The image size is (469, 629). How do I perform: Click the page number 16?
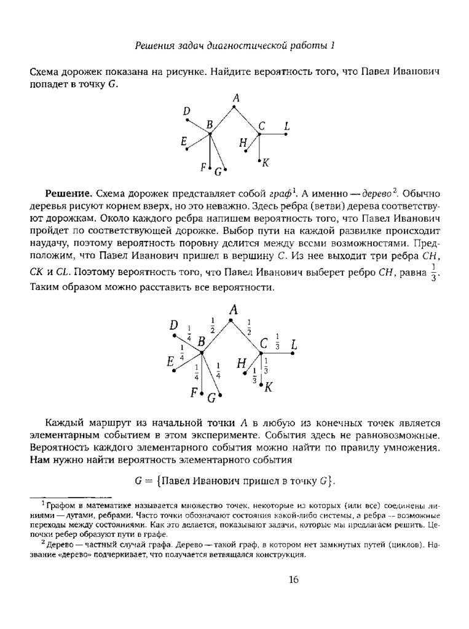coord(293,579)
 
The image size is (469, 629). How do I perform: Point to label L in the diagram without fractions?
coord(286,127)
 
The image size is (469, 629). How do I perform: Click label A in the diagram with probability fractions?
coord(232,311)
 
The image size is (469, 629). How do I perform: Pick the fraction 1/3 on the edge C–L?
coord(277,341)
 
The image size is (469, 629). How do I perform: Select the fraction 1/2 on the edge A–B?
coord(211,325)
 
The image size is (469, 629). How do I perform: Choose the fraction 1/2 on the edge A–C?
coord(249,326)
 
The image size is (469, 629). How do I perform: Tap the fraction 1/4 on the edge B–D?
coord(189,335)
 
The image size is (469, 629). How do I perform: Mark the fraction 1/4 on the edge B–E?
coord(183,354)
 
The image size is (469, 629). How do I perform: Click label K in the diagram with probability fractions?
coord(269,387)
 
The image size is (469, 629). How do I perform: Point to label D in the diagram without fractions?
coord(187,111)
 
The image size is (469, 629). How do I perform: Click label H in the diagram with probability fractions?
coord(241,364)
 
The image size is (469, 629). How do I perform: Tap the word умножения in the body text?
coord(409,448)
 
